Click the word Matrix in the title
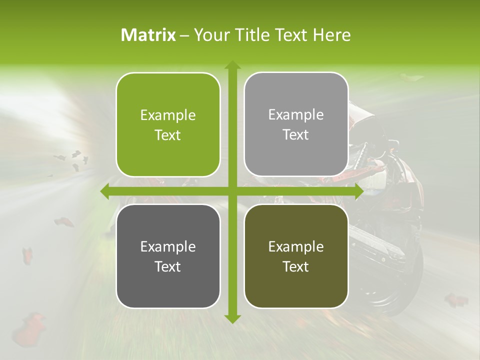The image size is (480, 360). (x=148, y=35)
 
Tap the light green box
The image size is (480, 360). (x=168, y=124)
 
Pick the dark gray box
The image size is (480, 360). (x=168, y=256)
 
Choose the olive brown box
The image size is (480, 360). (x=296, y=256)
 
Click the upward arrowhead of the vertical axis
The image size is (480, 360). (x=232, y=64)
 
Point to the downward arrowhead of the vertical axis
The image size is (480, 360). (x=232, y=318)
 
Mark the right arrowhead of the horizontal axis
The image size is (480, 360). (x=358, y=191)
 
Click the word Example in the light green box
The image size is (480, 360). (x=168, y=115)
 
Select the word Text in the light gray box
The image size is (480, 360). (x=296, y=135)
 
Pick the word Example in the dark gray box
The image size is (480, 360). (x=168, y=247)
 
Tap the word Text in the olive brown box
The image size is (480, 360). (x=296, y=267)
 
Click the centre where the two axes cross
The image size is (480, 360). (x=232, y=191)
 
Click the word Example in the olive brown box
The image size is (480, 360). (x=296, y=247)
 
